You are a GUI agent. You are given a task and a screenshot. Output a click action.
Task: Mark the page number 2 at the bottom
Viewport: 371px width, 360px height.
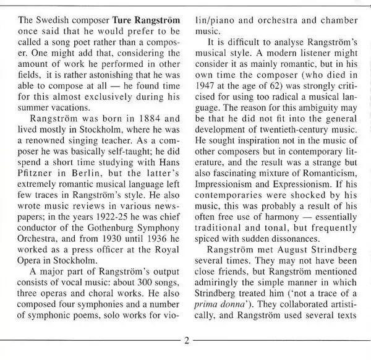click(185, 342)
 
